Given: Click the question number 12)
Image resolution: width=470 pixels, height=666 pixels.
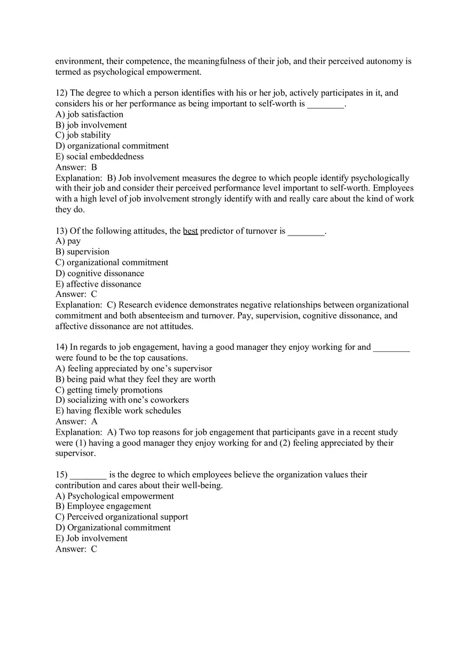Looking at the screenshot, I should point(61,93).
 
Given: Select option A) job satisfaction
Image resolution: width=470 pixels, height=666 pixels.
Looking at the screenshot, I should point(89,114).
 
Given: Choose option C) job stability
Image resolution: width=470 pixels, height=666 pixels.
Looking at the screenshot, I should point(83,135).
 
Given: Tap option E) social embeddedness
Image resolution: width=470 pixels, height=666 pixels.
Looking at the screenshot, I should point(99,156).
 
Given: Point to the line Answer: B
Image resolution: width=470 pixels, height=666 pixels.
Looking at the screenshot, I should point(76,167).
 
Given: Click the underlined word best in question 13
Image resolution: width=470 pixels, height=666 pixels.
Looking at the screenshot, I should point(190,231).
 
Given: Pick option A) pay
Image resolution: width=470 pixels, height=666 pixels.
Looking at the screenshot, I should point(68,241).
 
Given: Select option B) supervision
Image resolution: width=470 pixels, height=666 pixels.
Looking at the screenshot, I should point(82,252).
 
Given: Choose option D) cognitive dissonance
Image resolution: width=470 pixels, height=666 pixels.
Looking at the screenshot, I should point(100,273).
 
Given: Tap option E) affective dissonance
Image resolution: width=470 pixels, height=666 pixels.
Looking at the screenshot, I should point(98,284).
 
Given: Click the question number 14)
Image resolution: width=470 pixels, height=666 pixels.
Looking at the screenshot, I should point(61,347).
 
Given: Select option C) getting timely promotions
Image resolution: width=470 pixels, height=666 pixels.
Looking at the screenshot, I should point(109,390).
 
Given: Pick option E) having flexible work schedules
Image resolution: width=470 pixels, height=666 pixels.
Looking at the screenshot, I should point(118,411).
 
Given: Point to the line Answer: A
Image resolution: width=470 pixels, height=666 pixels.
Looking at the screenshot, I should point(76,421).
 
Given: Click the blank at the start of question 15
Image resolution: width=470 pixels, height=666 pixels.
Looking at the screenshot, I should point(88,475).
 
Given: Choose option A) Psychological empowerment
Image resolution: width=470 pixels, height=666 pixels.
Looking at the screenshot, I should point(114,496).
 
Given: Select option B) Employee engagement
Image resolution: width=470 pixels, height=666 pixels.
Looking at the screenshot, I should point(103,506).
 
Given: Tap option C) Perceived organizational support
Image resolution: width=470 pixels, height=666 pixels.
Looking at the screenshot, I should point(122,517).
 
